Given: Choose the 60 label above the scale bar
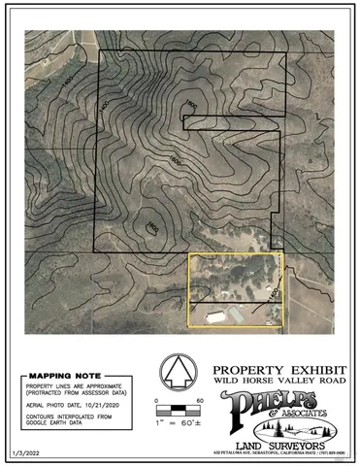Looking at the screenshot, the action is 199,400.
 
